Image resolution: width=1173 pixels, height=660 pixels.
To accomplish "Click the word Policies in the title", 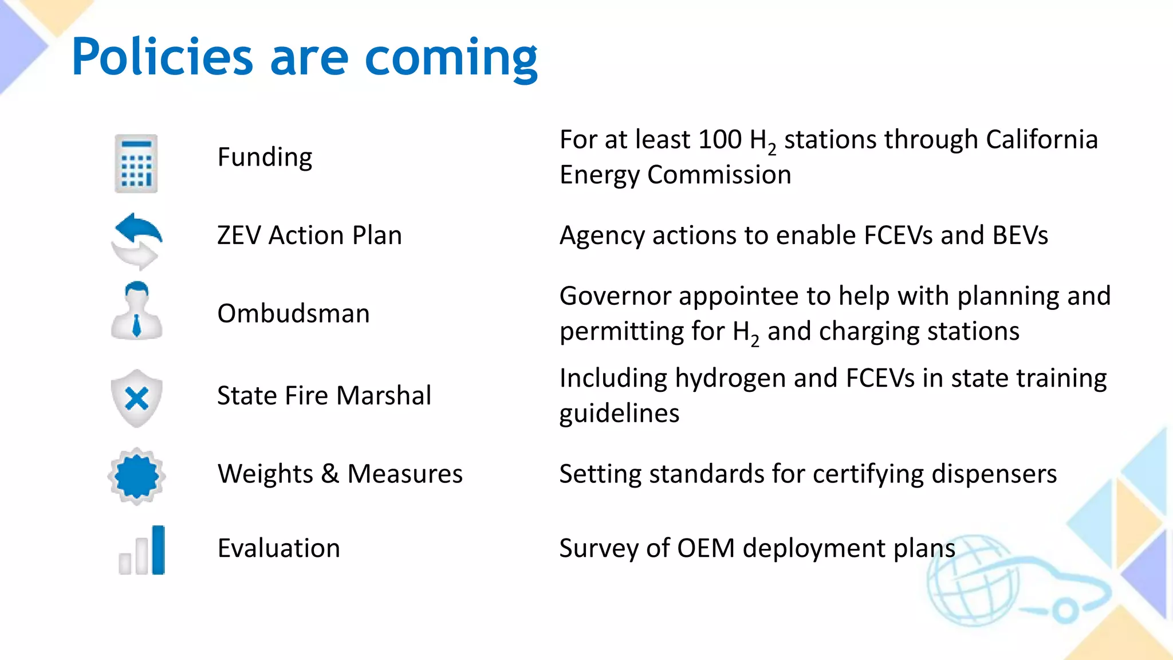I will click(x=162, y=57).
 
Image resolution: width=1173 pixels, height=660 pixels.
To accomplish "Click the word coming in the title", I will click(x=451, y=58).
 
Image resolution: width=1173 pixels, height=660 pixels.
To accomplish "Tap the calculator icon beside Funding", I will click(x=136, y=164).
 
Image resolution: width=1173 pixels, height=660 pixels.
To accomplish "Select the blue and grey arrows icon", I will click(x=137, y=241).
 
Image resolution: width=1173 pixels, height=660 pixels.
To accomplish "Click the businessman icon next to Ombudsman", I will click(x=136, y=311).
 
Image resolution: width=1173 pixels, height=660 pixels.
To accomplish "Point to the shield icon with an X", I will click(x=136, y=398).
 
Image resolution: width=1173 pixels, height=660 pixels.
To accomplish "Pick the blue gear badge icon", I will click(x=136, y=476).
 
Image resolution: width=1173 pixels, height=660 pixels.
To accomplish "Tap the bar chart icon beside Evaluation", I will click(x=142, y=551).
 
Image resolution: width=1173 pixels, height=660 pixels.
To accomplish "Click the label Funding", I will click(x=265, y=157).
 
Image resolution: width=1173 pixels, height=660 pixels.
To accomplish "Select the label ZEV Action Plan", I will click(x=309, y=235).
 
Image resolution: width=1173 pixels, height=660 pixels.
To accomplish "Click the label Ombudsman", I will click(x=293, y=314).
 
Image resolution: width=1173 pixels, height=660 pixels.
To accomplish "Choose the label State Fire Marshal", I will click(x=324, y=396).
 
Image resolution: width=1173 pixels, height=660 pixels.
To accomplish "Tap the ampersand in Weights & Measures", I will click(x=330, y=474).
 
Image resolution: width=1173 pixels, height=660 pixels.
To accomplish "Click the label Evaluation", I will click(x=279, y=548).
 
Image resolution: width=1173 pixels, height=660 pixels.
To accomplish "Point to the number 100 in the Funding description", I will click(x=719, y=140).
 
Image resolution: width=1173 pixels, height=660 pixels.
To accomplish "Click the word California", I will click(x=1041, y=140).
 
